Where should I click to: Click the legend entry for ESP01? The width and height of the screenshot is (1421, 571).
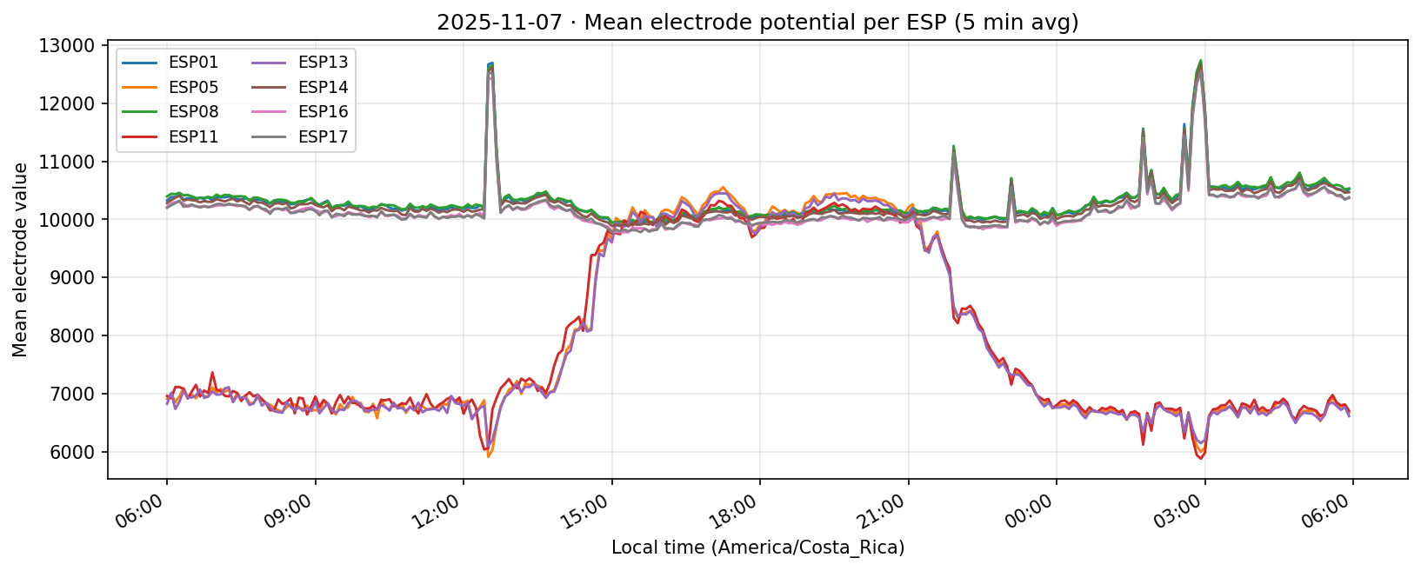pyautogui.click(x=193, y=63)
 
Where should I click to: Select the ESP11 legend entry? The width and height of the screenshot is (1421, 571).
pyautogui.click(x=193, y=136)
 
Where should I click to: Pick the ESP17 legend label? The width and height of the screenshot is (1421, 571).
pyautogui.click(x=323, y=136)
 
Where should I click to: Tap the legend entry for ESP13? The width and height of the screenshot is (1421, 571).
pyautogui.click(x=323, y=63)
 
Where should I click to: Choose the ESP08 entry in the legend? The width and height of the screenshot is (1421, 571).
pyautogui.click(x=193, y=112)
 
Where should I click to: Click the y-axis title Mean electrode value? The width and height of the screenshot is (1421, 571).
pyautogui.click(x=20, y=260)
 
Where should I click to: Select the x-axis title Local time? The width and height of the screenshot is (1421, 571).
pyautogui.click(x=757, y=548)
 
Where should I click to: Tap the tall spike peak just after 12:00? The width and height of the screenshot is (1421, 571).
pyautogui.click(x=491, y=63)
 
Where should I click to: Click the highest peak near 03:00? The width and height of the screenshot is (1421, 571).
pyautogui.click(x=1200, y=61)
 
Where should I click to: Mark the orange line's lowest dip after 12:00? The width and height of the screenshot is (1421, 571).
pyautogui.click(x=489, y=456)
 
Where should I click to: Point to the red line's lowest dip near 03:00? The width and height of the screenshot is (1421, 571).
pyautogui.click(x=1201, y=458)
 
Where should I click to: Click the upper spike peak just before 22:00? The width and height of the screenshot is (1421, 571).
pyautogui.click(x=953, y=146)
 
